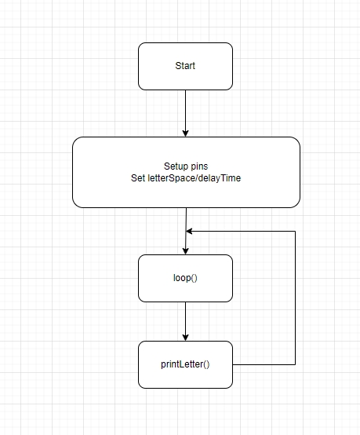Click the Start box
click(x=185, y=66)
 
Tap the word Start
click(x=185, y=66)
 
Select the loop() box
click(x=185, y=278)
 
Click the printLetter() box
click(x=185, y=364)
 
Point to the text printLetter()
click(x=185, y=364)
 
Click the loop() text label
click(x=185, y=278)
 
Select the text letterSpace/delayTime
click(x=194, y=178)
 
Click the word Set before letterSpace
click(x=138, y=178)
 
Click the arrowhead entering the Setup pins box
click(x=185, y=133)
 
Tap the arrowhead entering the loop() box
click(x=185, y=250)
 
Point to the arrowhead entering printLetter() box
click(x=185, y=338)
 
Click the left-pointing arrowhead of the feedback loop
click(x=189, y=231)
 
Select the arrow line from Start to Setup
click(x=185, y=114)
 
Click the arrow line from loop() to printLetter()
click(x=185, y=321)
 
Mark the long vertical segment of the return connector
click(x=295, y=298)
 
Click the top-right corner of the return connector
click(x=295, y=231)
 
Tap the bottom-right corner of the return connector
click(x=295, y=364)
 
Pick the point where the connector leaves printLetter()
click(x=233, y=364)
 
